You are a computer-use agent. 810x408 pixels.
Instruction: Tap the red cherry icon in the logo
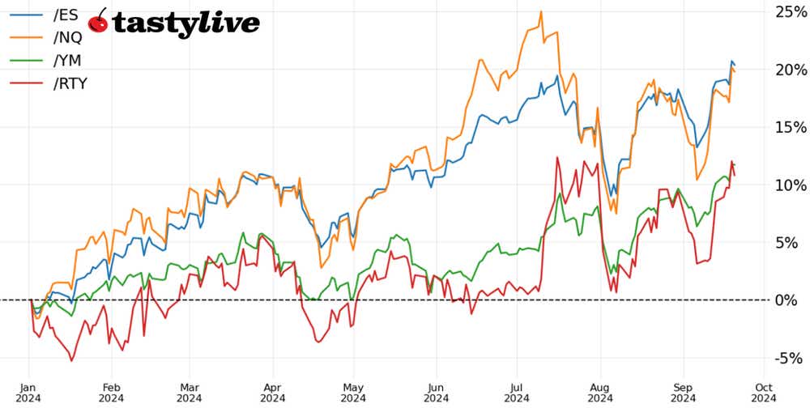coord(98,22)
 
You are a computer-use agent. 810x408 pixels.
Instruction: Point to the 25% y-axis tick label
coord(790,12)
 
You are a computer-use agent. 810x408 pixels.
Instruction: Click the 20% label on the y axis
coord(790,70)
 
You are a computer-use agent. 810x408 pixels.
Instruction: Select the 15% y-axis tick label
coord(790,127)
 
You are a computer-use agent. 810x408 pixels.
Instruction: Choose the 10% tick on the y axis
coord(790,185)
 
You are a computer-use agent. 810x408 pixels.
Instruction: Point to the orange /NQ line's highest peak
coord(540,12)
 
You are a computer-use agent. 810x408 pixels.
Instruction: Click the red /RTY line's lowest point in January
coord(71,360)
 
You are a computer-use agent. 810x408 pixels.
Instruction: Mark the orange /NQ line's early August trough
coord(616,213)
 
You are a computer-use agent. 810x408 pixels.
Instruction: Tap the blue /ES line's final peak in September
coord(731,62)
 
